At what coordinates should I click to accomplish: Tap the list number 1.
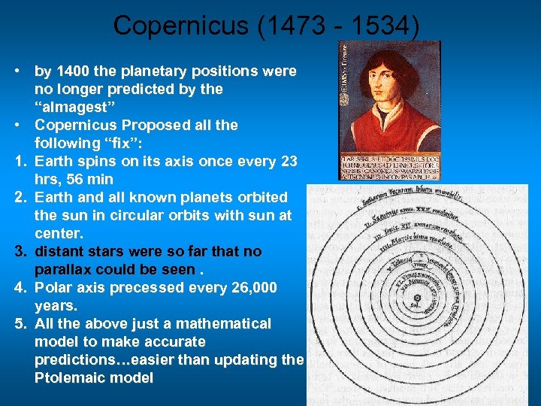point(17,161)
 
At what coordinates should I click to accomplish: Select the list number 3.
point(17,251)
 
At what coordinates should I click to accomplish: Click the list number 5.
point(17,323)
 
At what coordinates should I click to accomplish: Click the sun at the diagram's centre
point(416,298)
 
